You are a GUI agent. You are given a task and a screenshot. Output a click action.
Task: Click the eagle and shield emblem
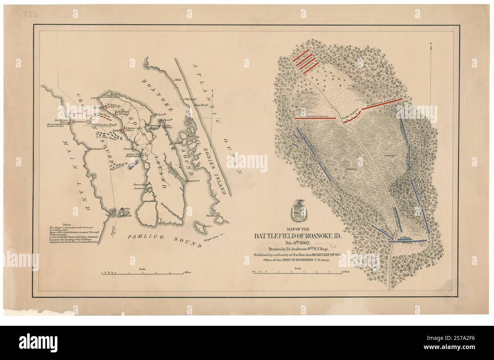tap(298, 211)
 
